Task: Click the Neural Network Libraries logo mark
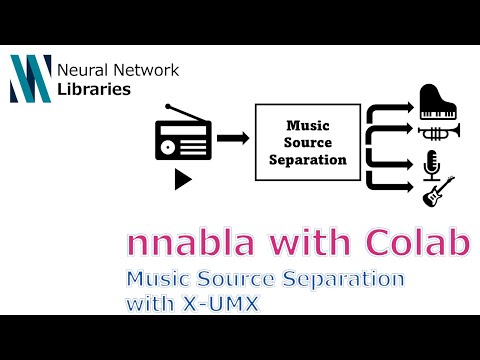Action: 30,79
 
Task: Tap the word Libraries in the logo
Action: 94,89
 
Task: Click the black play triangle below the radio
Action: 183,179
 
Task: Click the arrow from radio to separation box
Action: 232,137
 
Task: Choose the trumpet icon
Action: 438,131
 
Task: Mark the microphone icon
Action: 433,164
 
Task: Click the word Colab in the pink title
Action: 419,244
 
